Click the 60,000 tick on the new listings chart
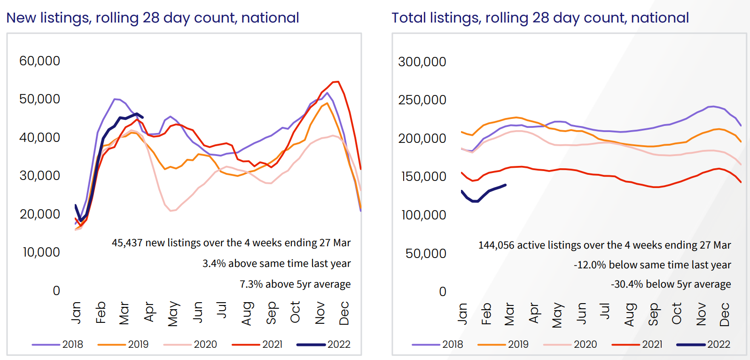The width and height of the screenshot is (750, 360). pos(39,61)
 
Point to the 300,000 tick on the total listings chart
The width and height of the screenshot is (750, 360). pos(422,62)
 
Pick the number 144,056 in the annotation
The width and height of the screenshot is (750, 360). pos(496,245)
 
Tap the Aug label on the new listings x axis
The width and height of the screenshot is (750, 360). pos(247,313)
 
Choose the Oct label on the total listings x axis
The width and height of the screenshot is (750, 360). pos(676,314)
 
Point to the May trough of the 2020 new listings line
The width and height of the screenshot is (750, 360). pos(172,211)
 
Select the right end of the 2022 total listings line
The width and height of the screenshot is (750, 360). pos(506,185)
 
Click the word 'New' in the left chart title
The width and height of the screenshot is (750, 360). pos(21,18)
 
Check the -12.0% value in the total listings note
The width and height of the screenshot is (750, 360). pos(589,265)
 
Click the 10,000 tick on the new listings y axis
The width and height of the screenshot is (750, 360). pos(41,252)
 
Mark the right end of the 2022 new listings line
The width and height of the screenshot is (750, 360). pos(142,117)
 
